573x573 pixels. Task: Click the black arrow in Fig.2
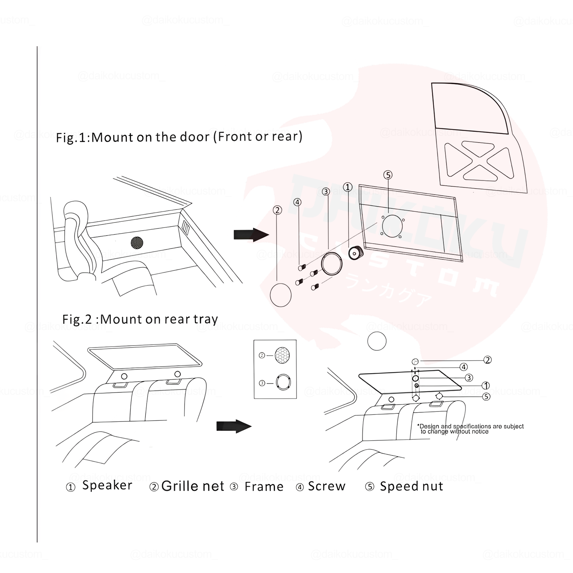[234, 426]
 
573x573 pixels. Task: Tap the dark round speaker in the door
[137, 243]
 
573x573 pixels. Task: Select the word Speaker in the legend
[107, 486]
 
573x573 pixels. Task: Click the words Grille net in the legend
[193, 486]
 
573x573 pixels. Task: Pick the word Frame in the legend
[264, 487]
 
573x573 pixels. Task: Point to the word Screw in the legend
[326, 486]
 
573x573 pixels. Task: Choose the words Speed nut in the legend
[411, 486]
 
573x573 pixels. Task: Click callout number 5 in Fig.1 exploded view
[388, 175]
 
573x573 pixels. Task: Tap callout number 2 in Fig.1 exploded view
[277, 210]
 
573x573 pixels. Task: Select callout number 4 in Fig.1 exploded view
[297, 202]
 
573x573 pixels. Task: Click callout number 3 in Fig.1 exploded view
[326, 192]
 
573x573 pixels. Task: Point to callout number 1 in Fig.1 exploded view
[348, 187]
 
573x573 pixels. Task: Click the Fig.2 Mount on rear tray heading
[140, 319]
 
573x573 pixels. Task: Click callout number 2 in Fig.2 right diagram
[487, 360]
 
